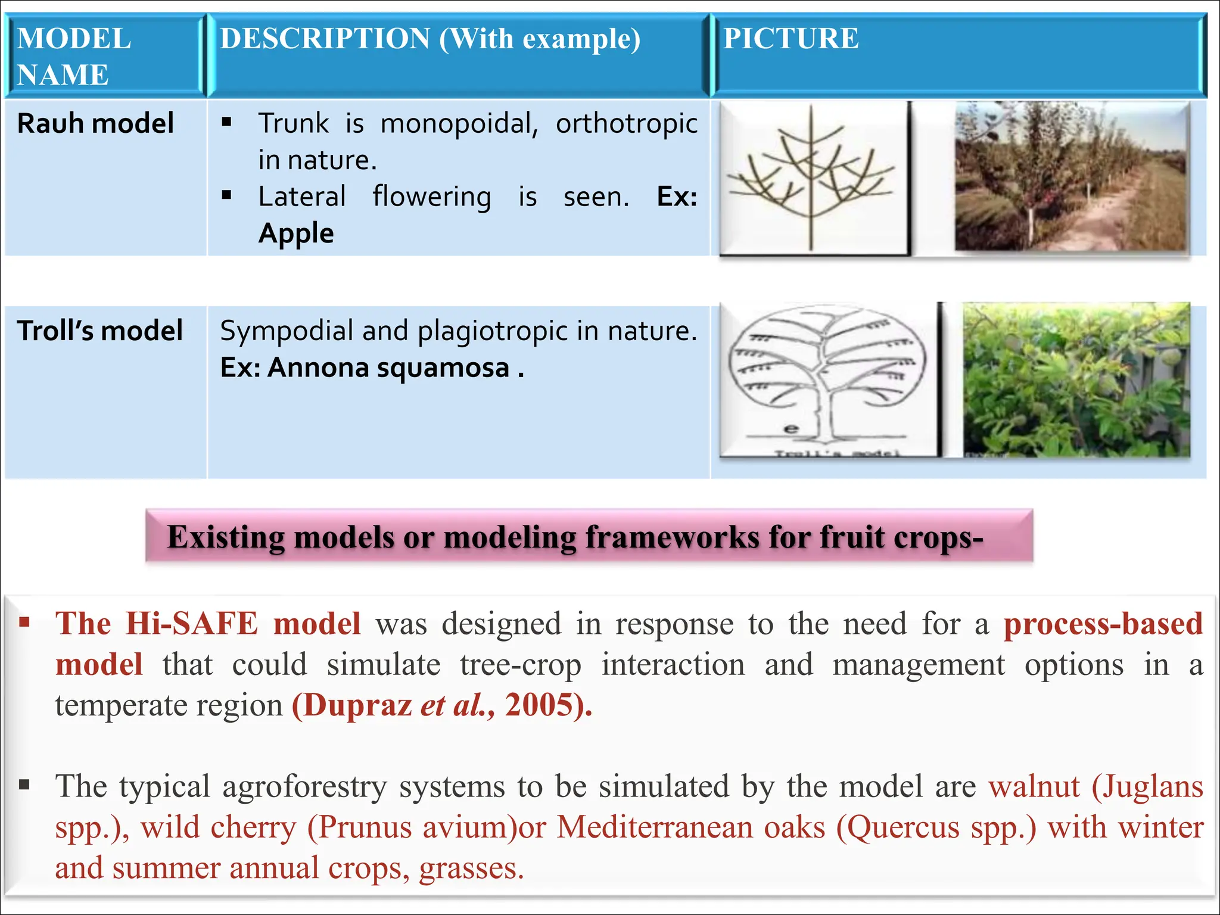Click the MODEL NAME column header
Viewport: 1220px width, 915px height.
pos(74,56)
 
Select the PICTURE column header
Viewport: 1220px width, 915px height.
pos(790,39)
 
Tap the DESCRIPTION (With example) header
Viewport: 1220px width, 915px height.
pos(430,39)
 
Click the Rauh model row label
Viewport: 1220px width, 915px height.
pos(95,123)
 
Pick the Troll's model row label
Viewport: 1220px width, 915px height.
pos(99,331)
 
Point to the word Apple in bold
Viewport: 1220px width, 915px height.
pos(296,233)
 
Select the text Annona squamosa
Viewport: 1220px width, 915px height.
pos(388,368)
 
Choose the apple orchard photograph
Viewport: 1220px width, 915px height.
pos(1070,176)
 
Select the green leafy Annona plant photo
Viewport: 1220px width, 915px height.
pos(1076,380)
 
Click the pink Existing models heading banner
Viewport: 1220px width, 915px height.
pos(589,536)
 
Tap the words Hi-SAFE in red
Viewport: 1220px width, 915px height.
pos(192,624)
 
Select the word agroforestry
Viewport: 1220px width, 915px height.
pos(304,786)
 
